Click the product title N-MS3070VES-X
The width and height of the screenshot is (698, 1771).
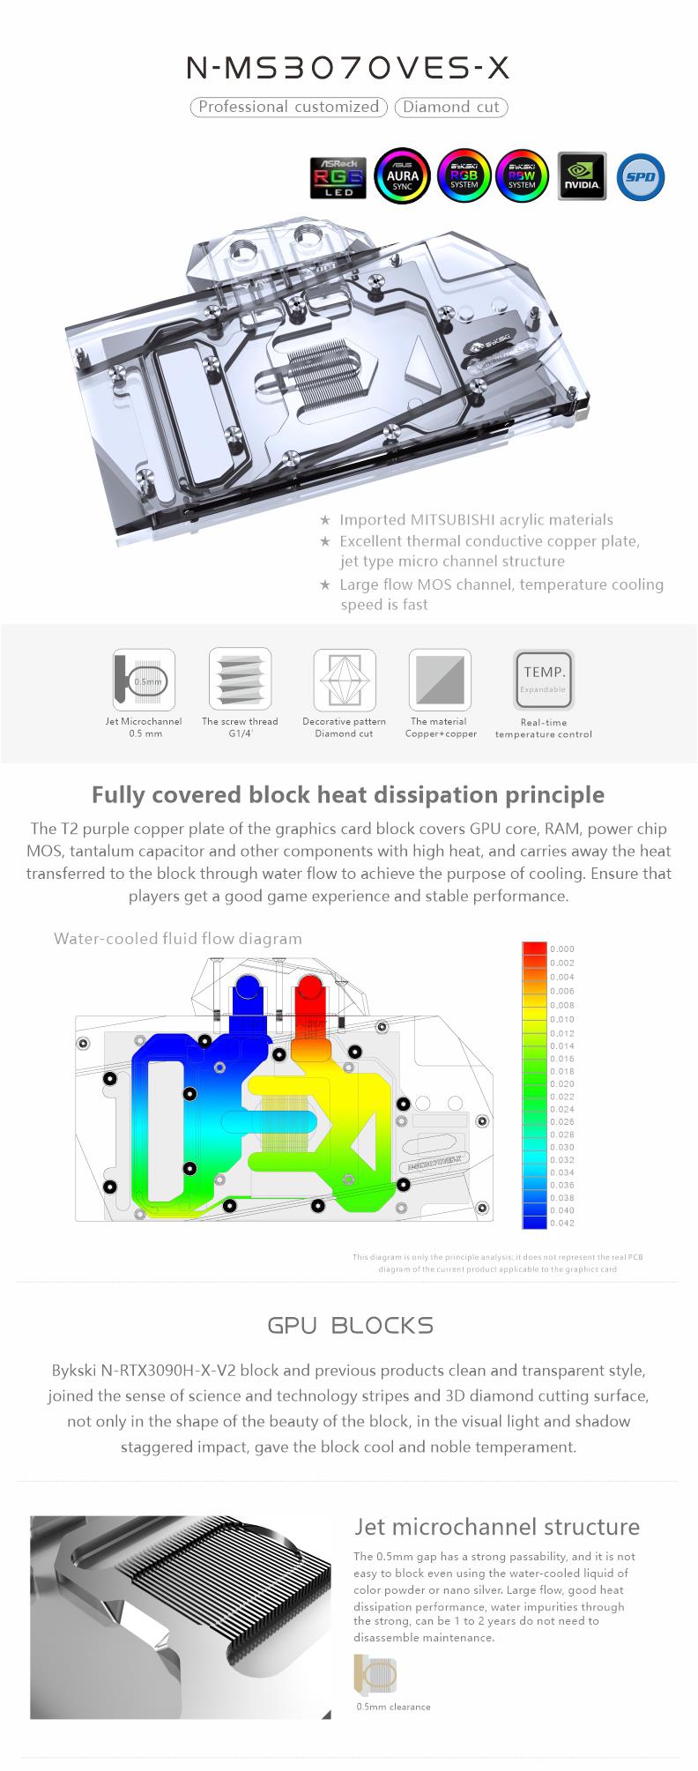click(x=348, y=70)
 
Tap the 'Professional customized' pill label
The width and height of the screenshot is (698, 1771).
click(x=288, y=107)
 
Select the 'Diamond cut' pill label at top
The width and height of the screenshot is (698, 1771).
click(x=451, y=107)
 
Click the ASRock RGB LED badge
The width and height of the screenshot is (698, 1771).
click(x=338, y=176)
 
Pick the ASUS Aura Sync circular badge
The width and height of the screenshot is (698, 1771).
click(x=403, y=175)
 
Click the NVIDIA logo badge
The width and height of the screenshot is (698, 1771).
click(x=582, y=175)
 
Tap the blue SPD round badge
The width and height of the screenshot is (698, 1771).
click(x=641, y=176)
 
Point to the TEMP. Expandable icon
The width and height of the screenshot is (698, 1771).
click(x=544, y=679)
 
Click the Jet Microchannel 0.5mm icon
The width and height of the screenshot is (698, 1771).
click(x=144, y=679)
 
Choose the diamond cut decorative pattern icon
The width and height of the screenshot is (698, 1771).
click(x=345, y=679)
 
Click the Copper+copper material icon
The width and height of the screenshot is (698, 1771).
click(x=440, y=679)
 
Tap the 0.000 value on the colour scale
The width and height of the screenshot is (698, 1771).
click(x=561, y=949)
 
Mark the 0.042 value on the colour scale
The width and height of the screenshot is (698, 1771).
click(x=561, y=1223)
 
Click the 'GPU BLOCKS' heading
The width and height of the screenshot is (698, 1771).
click(x=350, y=1325)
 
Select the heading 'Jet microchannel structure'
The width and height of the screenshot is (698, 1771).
click(x=496, y=1526)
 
